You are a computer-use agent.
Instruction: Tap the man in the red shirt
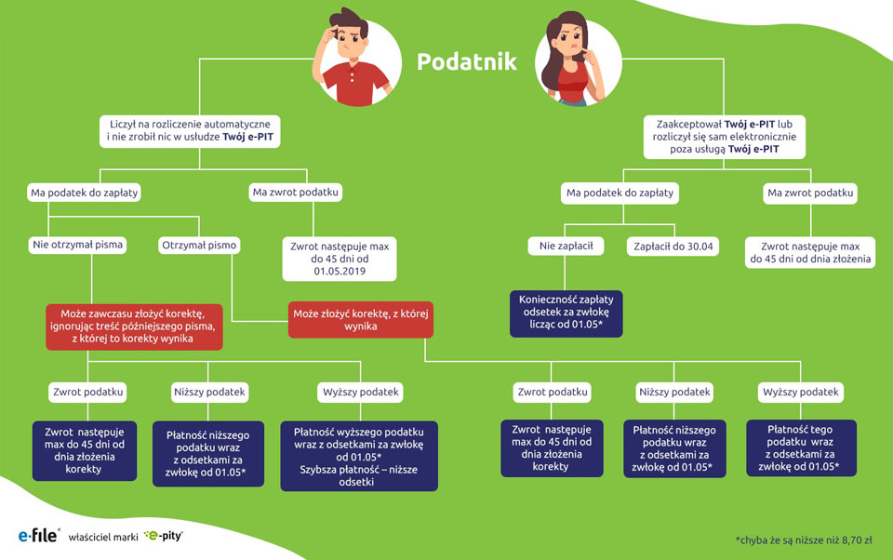click(352, 56)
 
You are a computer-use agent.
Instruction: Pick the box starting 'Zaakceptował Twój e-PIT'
click(715, 137)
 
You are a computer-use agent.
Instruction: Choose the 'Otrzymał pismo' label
click(200, 246)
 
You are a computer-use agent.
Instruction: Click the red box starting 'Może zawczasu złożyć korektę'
click(134, 325)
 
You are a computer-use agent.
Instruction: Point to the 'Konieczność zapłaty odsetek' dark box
click(566, 313)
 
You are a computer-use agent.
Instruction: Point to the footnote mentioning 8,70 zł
click(805, 538)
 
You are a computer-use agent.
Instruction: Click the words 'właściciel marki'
click(103, 537)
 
